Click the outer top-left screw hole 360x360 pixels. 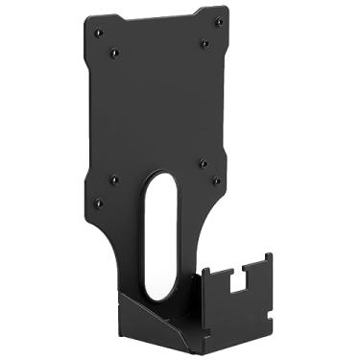(98, 33)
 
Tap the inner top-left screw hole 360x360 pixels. (114, 53)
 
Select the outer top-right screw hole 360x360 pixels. (219, 21)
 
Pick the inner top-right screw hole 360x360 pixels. (204, 42)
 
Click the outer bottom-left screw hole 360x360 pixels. (97, 202)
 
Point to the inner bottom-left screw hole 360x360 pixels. (113, 179)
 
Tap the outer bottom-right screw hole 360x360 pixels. (217, 180)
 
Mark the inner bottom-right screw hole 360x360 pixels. (203, 163)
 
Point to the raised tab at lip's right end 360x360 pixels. (263, 263)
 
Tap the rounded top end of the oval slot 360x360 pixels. (161, 181)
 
